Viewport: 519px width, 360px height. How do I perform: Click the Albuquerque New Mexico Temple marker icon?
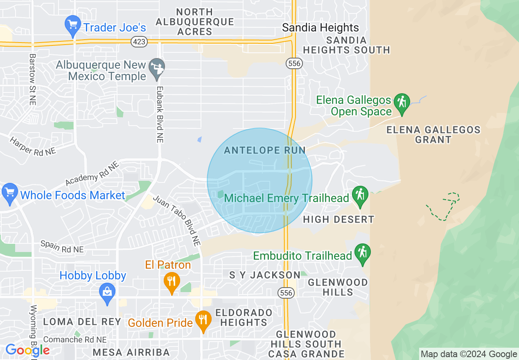[156, 69]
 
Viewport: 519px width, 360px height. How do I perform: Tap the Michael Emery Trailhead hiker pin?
[360, 196]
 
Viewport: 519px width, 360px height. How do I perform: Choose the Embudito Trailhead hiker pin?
[362, 254]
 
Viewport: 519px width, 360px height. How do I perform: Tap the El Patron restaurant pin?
[171, 282]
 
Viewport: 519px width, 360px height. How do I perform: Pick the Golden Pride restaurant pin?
[203, 321]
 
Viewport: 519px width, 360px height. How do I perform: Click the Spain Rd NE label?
[62, 247]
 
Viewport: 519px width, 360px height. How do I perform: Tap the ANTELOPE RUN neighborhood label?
[265, 150]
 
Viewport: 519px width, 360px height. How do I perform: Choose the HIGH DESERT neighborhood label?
[338, 220]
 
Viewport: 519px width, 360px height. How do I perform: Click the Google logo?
[27, 350]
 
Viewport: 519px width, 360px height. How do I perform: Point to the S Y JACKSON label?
[265, 275]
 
